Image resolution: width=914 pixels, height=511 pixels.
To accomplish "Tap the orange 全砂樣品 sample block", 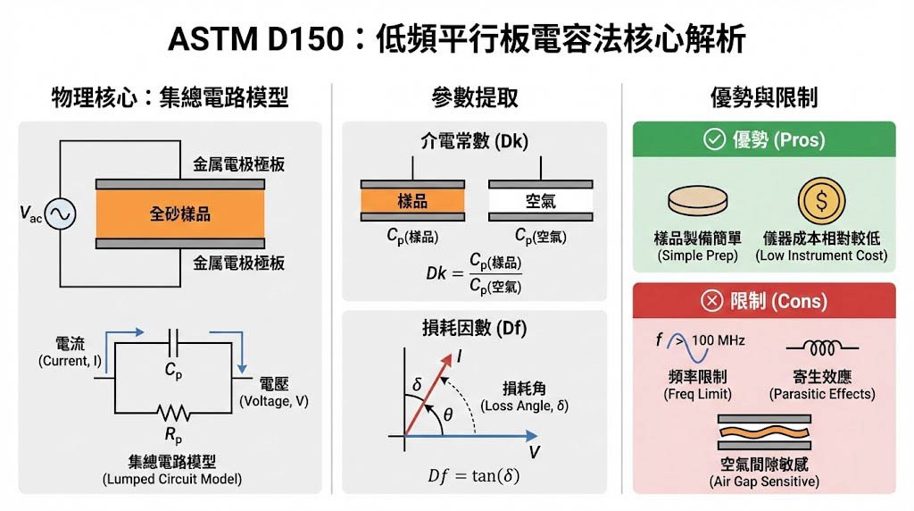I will [180, 214].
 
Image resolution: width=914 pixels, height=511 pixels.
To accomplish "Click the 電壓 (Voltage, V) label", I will [273, 392].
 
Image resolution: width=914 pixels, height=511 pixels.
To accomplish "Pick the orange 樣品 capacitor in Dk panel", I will [412, 201].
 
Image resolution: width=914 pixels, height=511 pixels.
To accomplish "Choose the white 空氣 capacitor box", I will [540, 201].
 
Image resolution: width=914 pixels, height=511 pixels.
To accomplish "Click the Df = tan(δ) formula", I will [473, 475].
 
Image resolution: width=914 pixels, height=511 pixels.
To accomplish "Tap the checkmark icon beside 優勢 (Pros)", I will [714, 139].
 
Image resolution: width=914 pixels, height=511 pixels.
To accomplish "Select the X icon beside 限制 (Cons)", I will [711, 301].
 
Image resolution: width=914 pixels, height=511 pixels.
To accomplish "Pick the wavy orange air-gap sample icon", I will [764, 436].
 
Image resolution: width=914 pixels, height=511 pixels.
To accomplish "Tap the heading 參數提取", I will [477, 96].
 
